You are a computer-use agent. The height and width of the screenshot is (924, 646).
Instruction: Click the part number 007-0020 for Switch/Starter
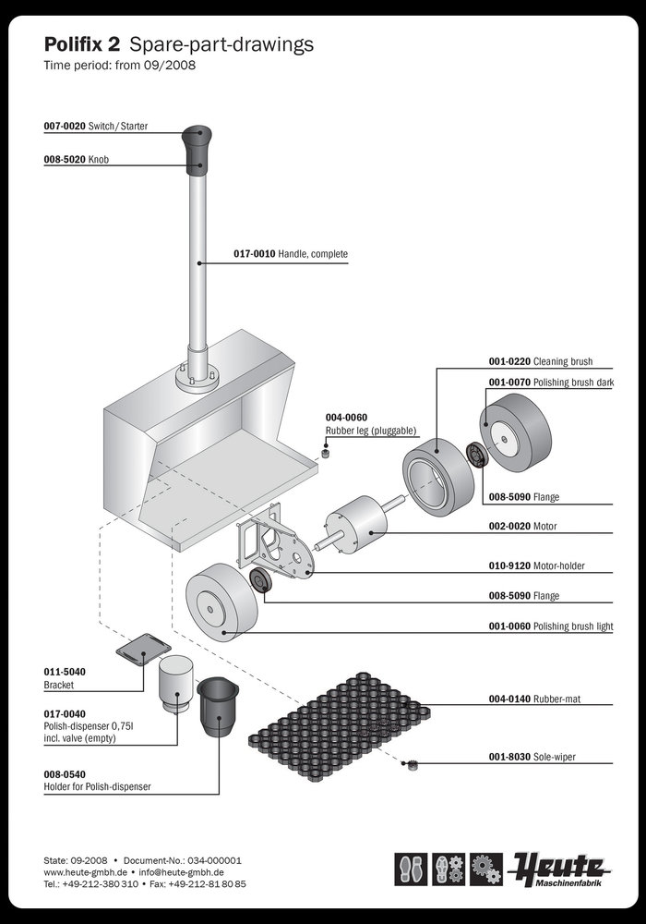[x=65, y=126]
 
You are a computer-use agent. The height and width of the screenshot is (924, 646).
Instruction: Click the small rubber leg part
[x=326, y=452]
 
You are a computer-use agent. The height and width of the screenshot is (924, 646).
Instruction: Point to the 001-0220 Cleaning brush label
[x=540, y=361]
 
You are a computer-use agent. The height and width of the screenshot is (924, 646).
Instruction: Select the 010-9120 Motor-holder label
[x=536, y=565]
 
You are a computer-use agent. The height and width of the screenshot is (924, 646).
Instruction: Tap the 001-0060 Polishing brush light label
[x=550, y=626]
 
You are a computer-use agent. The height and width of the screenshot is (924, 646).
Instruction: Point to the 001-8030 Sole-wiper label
[x=538, y=757]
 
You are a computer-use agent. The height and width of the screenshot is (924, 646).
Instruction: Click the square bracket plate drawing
[x=143, y=650]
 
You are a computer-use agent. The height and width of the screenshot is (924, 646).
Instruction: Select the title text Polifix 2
[x=83, y=43]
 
